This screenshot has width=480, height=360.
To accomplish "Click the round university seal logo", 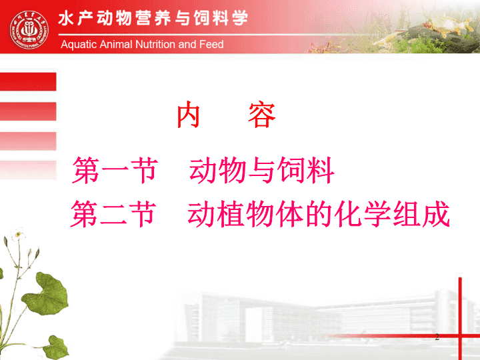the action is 29,30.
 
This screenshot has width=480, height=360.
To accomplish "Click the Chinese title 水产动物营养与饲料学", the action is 153,18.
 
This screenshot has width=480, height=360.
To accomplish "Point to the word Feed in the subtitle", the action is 211,45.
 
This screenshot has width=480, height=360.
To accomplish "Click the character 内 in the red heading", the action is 189,115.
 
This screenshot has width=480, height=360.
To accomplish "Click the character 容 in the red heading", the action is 262,115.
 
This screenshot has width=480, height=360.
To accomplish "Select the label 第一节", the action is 115,170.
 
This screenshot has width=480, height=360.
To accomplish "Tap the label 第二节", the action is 113,214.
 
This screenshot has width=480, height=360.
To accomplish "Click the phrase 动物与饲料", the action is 261,170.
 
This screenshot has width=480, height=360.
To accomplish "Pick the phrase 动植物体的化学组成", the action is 319,214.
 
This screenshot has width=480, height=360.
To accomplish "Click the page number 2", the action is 437,337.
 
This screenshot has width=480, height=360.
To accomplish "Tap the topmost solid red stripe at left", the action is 28,82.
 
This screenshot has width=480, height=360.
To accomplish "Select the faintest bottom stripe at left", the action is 28,170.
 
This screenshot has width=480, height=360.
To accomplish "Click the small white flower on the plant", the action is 18,235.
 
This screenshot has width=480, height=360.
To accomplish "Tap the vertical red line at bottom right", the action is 460,319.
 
